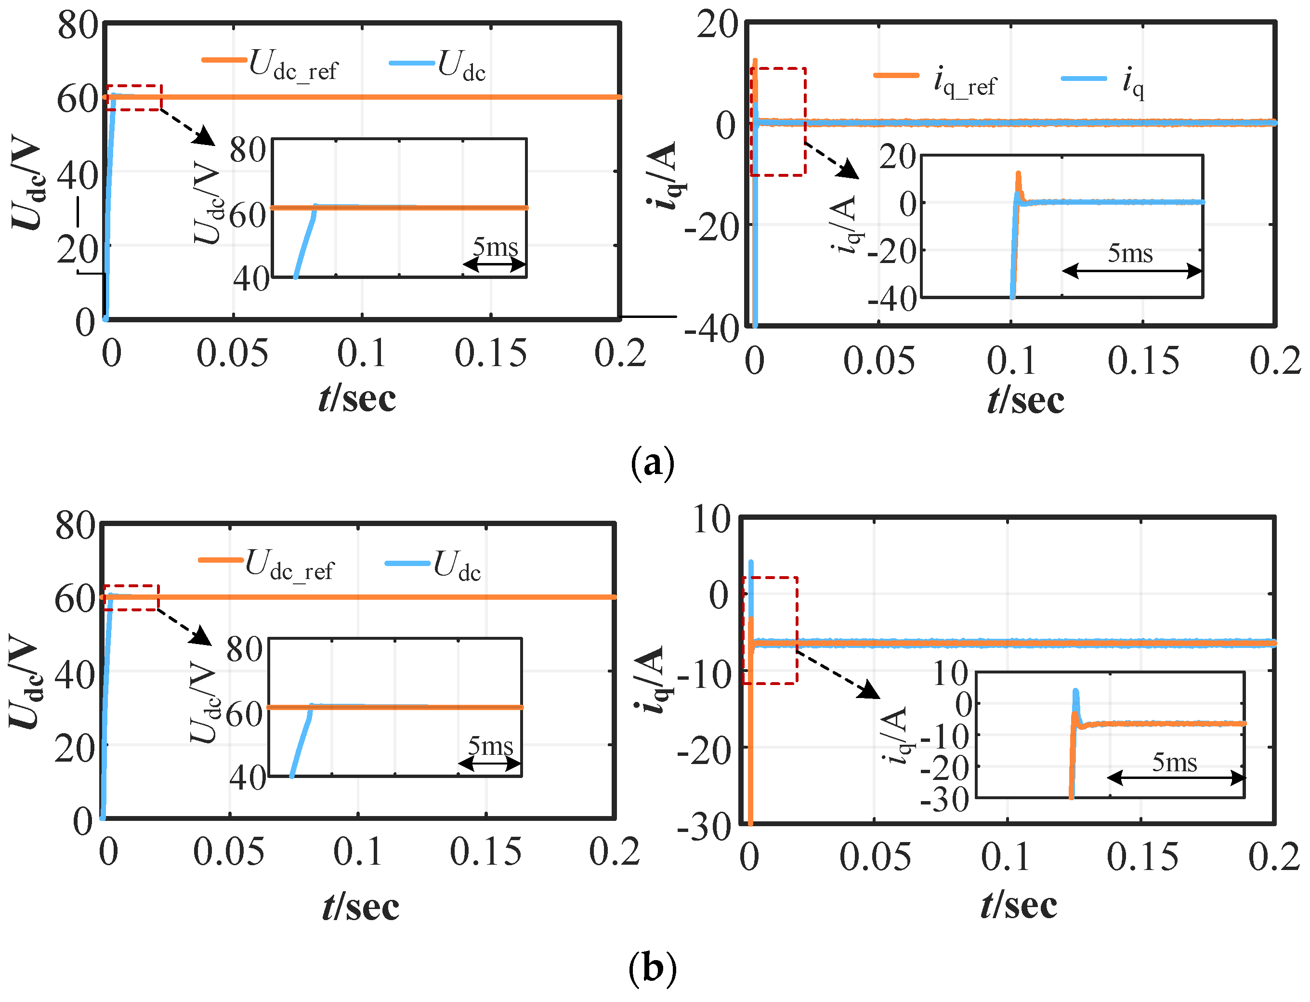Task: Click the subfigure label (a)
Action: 652,463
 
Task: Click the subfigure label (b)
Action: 652,969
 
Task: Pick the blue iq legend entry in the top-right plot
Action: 1103,82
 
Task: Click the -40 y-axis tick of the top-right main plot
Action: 711,329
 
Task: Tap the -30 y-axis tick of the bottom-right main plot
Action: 704,828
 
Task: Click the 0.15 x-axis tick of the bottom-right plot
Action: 1142,857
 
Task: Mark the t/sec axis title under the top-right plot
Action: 1025,400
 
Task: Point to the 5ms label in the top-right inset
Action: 1130,253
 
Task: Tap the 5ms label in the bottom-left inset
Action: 490,746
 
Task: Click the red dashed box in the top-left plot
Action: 133,98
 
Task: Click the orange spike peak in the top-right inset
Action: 1019,174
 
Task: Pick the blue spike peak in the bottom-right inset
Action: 1075,692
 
